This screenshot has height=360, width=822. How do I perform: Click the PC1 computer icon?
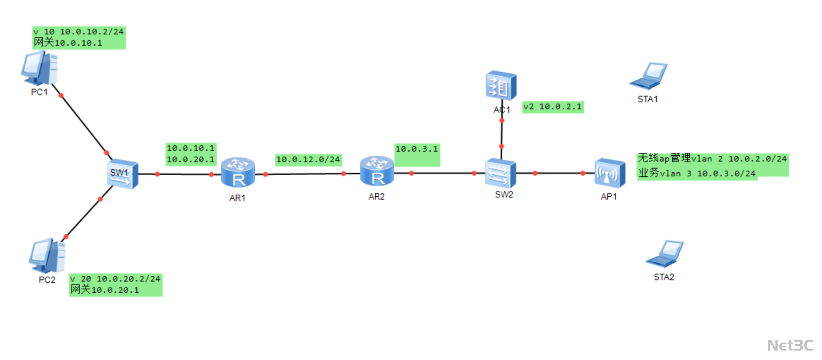[40, 69]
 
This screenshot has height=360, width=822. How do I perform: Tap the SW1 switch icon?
[122, 174]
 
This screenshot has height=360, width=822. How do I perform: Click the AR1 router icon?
[238, 173]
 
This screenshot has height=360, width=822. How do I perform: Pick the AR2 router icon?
[377, 172]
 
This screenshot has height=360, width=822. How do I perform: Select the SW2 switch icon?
[500, 173]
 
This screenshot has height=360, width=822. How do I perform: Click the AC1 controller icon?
[501, 86]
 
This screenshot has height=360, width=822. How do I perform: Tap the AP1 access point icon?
[610, 173]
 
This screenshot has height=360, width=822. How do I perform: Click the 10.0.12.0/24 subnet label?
[308, 160]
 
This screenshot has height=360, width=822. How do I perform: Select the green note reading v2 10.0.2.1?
[553, 107]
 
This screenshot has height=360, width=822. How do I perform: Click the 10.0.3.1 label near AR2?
[417, 149]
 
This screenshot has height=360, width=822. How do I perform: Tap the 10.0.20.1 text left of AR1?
[190, 160]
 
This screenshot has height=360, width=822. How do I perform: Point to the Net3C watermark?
[790, 345]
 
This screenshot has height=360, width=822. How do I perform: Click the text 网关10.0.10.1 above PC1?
[68, 43]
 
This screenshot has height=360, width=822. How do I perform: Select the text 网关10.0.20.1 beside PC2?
[105, 290]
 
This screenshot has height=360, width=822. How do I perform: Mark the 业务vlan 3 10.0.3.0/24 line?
[697, 173]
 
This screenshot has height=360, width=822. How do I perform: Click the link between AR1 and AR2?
[305, 174]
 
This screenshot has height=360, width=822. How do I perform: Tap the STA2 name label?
[664, 277]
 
